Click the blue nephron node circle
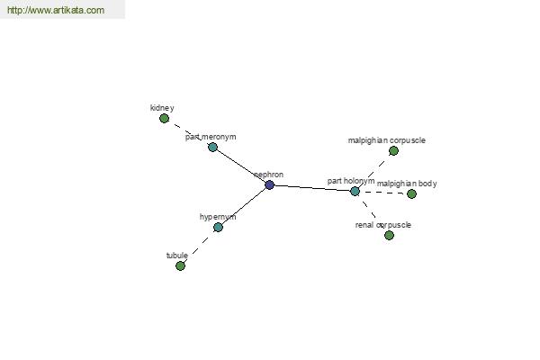pos(270,185)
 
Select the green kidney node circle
pos(165,119)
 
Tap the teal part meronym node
pos(212,148)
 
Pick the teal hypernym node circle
pos(218,228)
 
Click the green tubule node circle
pos(180,266)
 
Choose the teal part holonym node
pos(355,192)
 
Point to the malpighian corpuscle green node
pos(393,151)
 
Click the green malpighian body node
pos(411,194)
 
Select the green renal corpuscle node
pos(389,235)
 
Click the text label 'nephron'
pos(268,175)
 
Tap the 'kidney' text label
pos(162,108)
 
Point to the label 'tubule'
pos(177,256)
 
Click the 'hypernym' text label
pos(218,217)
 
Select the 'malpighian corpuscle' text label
pos(387,140)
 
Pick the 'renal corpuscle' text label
pos(383,225)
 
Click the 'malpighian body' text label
pos(407,184)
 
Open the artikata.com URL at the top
pos(56,10)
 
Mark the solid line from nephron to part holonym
pos(312,188)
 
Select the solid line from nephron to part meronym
pos(241,166)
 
